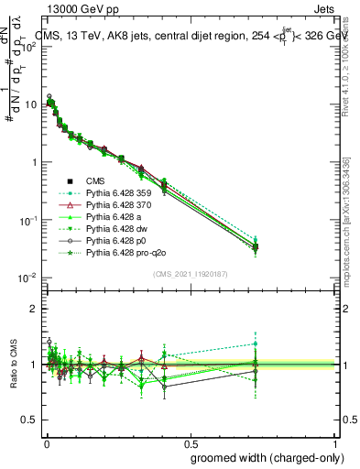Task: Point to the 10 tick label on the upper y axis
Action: [x=29, y=104]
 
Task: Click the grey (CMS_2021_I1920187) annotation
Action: [x=191, y=274]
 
